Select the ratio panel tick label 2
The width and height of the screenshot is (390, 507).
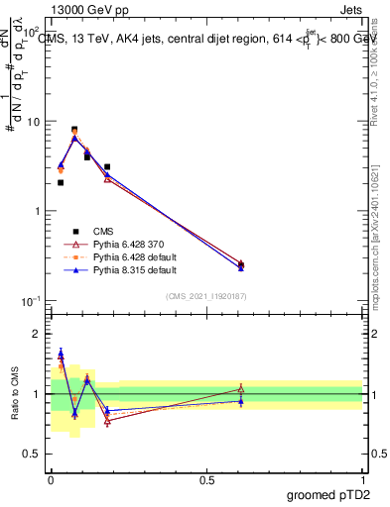(x=35, y=335)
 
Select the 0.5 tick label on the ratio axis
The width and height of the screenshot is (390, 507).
(x=30, y=454)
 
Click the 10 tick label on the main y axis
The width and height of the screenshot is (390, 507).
(x=31, y=122)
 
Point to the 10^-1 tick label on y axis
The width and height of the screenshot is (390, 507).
(x=30, y=301)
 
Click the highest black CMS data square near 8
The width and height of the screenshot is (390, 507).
(x=74, y=130)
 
